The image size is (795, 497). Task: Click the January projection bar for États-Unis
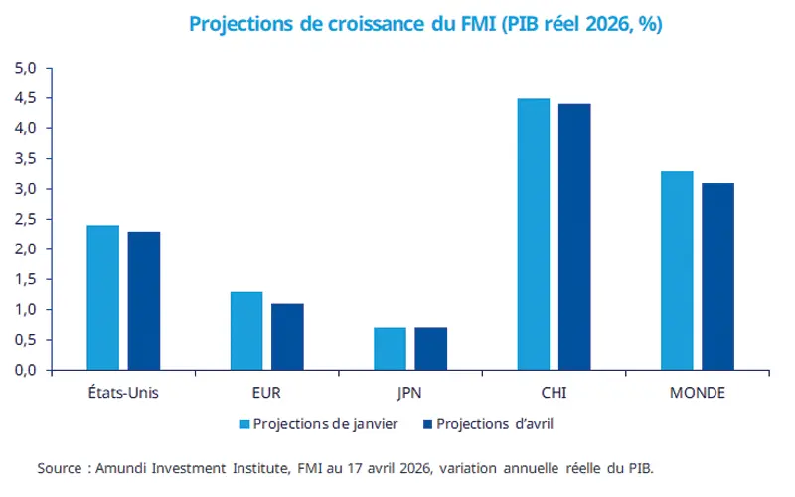pyautogui.click(x=102, y=297)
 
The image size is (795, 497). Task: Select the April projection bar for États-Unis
pyautogui.click(x=144, y=300)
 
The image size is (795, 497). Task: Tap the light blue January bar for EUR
pyautogui.click(x=246, y=331)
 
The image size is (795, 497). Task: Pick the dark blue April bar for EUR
pyautogui.click(x=287, y=337)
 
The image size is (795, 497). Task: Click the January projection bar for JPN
pyautogui.click(x=390, y=349)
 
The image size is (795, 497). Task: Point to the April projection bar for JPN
pyautogui.click(x=430, y=349)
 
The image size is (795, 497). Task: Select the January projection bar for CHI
pyautogui.click(x=533, y=235)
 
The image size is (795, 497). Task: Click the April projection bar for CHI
pyautogui.click(x=574, y=238)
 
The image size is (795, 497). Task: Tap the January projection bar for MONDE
pyautogui.click(x=677, y=270)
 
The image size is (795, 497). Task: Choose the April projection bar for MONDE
pyautogui.click(x=717, y=276)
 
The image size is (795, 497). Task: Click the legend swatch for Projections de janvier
pyautogui.click(x=244, y=424)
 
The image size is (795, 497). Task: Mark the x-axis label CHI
pyautogui.click(x=554, y=392)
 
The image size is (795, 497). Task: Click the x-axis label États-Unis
pyautogui.click(x=123, y=392)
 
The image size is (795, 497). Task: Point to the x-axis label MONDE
pyautogui.click(x=697, y=392)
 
